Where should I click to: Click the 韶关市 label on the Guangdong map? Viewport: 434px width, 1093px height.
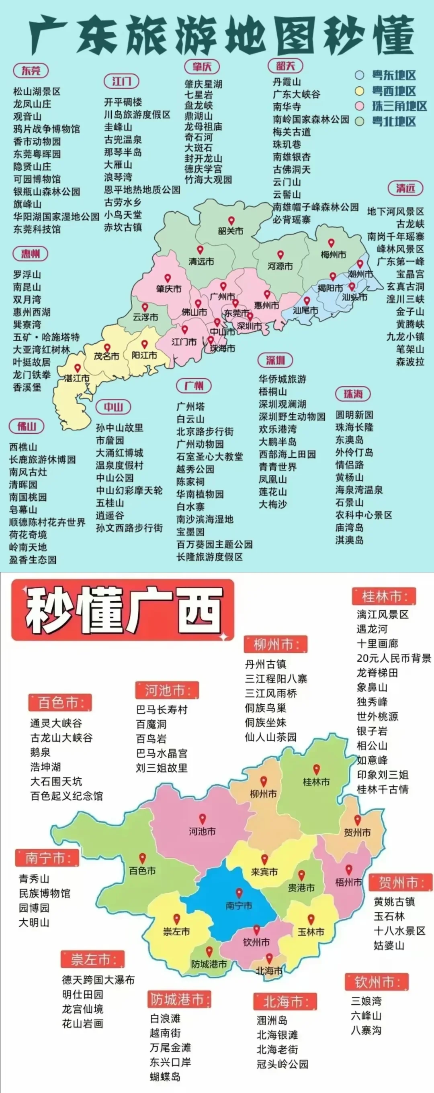(231, 231)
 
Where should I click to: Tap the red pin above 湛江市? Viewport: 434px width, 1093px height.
(77, 368)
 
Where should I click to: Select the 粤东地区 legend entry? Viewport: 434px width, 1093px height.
(394, 75)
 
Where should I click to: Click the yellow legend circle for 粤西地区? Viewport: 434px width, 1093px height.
(360, 91)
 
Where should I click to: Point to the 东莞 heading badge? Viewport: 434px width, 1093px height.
(31, 70)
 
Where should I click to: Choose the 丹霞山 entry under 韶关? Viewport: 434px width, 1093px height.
(287, 82)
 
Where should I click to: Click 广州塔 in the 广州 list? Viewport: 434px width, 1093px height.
(190, 406)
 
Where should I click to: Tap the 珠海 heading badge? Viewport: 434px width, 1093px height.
(353, 394)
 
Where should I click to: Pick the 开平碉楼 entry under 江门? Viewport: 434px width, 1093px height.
(123, 102)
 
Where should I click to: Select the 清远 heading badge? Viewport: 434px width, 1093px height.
(405, 188)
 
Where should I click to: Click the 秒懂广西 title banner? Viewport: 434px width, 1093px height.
(123, 609)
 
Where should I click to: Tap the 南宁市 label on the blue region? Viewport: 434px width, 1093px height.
(239, 906)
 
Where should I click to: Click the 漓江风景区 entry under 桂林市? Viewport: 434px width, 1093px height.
(383, 614)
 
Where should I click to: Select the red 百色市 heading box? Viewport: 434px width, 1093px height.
(60, 703)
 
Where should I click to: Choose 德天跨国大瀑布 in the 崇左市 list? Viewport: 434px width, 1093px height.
(98, 980)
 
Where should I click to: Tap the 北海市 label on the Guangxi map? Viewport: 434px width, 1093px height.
(269, 971)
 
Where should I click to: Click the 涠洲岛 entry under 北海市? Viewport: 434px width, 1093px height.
(272, 1020)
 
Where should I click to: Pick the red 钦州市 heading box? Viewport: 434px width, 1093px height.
(376, 982)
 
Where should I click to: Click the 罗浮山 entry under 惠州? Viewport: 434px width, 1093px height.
(27, 275)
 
